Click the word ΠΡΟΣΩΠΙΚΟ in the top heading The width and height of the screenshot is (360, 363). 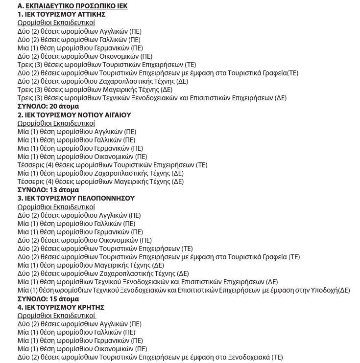coord(90,6)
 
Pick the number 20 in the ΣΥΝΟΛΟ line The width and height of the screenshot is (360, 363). coord(53,106)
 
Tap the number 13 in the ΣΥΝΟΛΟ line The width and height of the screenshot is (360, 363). coord(53,190)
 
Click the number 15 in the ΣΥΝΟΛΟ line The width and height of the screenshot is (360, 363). coord(53,299)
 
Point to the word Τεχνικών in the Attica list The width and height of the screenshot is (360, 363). coord(117,98)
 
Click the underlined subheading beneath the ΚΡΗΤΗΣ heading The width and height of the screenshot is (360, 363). coord(56,316)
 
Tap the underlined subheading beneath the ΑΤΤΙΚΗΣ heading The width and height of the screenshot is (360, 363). coord(56,23)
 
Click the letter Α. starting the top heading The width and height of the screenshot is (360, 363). coord(21,6)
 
